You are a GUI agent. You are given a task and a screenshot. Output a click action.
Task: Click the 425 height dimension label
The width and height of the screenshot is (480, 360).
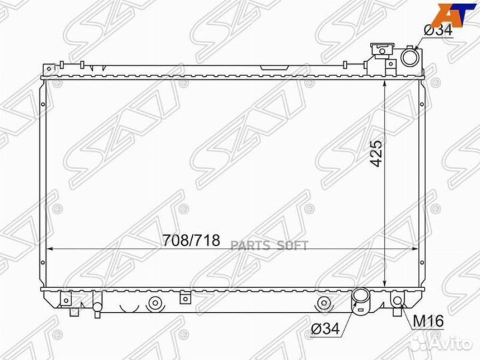(x=377, y=154)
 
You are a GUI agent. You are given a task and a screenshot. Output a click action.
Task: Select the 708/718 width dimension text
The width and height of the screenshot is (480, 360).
(x=191, y=241)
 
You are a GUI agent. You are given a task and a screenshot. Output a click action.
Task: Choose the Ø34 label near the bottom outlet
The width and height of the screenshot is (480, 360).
(x=326, y=328)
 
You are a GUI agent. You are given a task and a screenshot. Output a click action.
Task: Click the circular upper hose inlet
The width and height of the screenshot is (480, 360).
(x=409, y=60)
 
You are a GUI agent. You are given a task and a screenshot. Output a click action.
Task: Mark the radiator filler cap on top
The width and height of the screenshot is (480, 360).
(x=382, y=52)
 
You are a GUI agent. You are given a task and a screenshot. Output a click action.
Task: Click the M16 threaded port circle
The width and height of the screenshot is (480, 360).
(x=397, y=301)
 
